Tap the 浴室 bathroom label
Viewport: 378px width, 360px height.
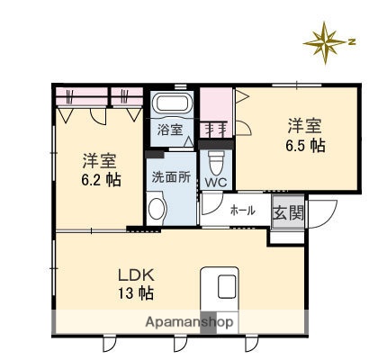(x=170, y=130)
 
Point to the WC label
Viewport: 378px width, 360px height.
(x=216, y=183)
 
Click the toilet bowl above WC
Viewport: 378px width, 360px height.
(x=215, y=161)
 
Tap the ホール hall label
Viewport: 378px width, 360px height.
(x=242, y=211)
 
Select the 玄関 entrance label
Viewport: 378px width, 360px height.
(x=288, y=213)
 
